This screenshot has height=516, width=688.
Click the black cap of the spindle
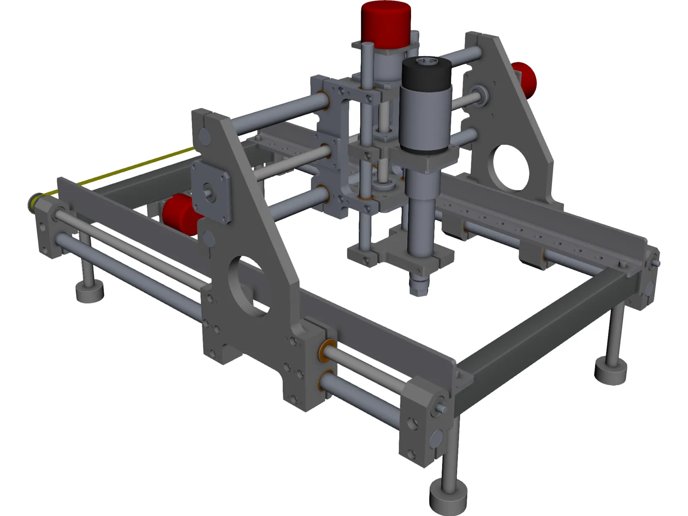(426, 73)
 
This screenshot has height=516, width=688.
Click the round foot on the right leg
(611, 372)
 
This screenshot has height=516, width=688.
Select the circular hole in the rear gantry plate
(510, 168)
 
